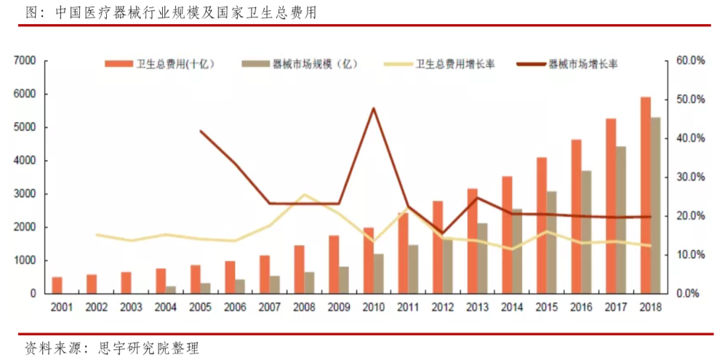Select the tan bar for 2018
click(x=656, y=205)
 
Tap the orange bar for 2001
click(x=57, y=285)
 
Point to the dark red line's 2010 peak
click(x=374, y=108)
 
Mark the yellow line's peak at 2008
click(x=305, y=195)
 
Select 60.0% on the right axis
click(x=690, y=61)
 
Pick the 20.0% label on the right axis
click(x=690, y=216)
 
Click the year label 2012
click(x=443, y=308)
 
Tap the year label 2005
click(x=200, y=308)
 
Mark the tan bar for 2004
click(x=170, y=289)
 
